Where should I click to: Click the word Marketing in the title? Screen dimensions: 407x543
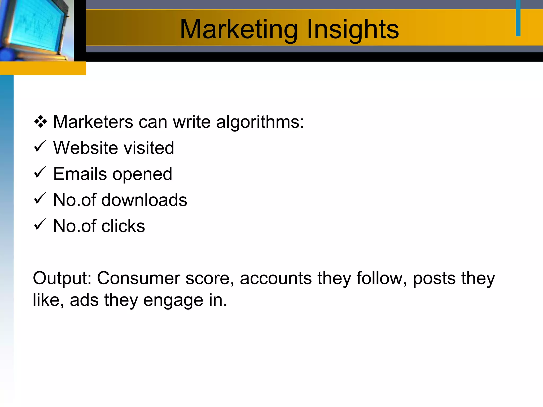239,30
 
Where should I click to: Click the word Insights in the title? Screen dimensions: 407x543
353,30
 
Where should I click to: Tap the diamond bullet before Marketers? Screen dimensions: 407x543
41,122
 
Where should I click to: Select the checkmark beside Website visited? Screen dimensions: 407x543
40,147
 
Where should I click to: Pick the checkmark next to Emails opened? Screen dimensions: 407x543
40,172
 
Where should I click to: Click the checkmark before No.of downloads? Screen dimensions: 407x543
40,199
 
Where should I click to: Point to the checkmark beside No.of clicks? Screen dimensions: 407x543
40,225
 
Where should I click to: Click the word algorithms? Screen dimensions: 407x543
260,122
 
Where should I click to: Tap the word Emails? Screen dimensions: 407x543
80,174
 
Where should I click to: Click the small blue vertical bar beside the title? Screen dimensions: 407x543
518,18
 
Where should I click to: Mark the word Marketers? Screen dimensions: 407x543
93,122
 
